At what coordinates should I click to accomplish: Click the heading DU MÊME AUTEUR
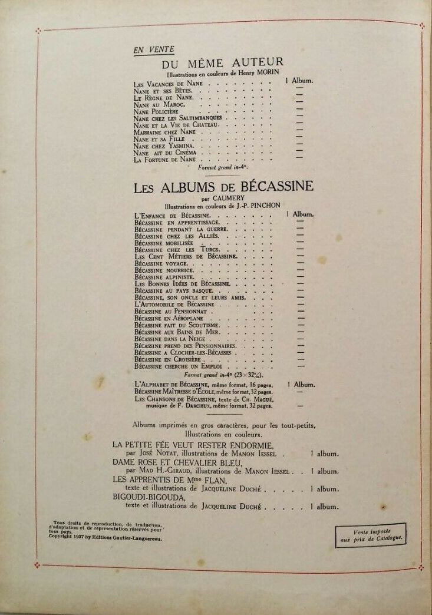[x=223, y=62]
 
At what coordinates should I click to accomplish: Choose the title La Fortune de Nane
[x=164, y=160]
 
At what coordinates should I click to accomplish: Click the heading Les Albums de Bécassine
[x=223, y=188]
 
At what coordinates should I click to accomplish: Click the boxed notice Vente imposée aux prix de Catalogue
[x=371, y=535]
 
